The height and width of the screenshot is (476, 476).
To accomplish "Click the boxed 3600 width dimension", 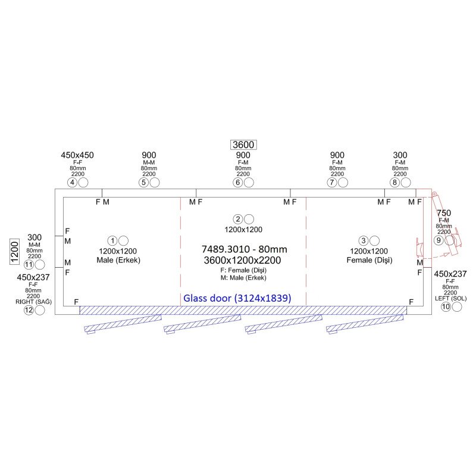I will tap(243, 145).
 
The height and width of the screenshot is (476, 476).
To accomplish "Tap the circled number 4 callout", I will tap(73, 182).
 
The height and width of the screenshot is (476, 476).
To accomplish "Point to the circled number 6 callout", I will tap(238, 182).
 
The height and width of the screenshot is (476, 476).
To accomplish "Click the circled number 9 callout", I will tap(438, 240).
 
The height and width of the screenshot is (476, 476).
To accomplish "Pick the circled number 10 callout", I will tap(446, 307).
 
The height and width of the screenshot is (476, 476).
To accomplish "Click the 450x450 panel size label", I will tap(77, 155).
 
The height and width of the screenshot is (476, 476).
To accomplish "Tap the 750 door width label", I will tap(443, 213).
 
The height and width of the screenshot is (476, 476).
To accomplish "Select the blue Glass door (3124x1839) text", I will tap(237, 298).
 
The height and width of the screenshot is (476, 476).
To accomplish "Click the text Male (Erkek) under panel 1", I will tap(119, 260).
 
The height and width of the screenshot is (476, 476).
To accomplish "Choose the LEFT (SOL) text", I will tap(451, 297).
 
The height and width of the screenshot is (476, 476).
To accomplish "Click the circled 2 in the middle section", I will tap(237, 219).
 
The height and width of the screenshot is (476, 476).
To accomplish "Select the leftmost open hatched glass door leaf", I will tap(123, 324).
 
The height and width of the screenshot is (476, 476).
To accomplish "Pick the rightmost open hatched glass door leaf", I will tap(364, 324).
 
